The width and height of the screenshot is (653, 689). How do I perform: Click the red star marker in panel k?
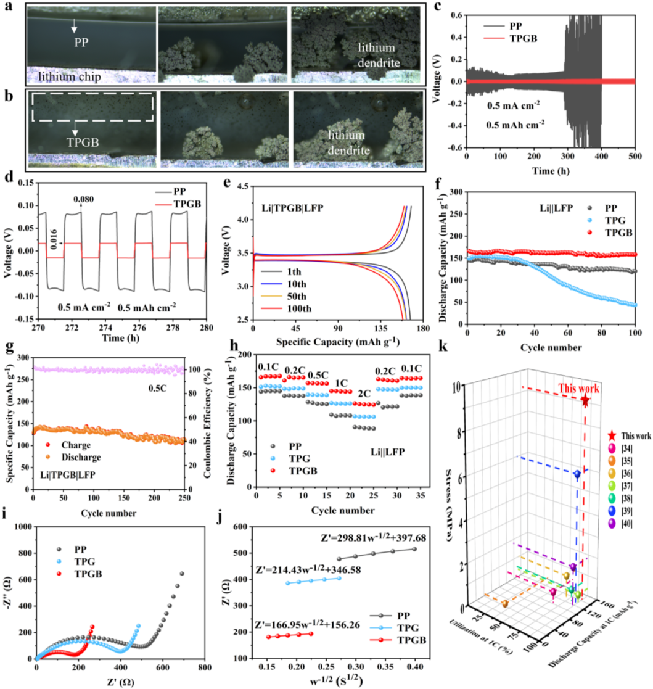tap(585, 401)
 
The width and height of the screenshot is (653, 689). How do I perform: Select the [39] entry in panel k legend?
tap(620, 511)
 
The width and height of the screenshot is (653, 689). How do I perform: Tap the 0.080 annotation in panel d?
tap(83, 199)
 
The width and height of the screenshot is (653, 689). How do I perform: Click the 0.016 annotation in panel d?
tap(53, 239)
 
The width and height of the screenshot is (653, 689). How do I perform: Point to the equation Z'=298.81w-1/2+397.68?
tap(373, 537)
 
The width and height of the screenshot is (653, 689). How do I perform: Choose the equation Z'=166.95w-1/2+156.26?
tap(308, 624)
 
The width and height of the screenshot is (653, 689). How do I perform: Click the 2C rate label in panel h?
tap(364, 394)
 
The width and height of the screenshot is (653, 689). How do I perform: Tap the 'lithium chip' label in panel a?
tap(70, 76)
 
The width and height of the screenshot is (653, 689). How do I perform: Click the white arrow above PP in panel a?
tap(74, 25)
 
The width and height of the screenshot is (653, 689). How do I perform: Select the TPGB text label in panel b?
tap(83, 142)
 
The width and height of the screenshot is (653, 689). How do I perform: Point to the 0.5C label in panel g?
tap(158, 389)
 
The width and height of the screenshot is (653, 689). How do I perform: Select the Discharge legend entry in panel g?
tap(73, 457)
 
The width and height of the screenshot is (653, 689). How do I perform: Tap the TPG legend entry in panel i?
tap(76, 561)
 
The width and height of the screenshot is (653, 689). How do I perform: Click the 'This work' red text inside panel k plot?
tap(578, 389)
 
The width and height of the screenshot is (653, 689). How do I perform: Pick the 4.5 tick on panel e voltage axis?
tap(242, 186)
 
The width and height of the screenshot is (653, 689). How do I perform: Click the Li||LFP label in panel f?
tap(556, 208)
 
